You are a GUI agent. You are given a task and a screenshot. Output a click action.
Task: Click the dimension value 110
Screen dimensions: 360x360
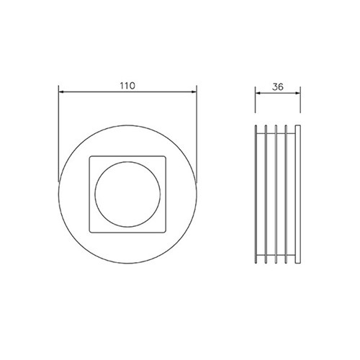(x=127, y=86)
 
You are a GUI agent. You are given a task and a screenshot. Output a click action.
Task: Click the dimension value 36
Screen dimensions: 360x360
(x=278, y=87)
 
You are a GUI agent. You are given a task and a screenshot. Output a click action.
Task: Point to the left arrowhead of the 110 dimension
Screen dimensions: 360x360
(x=61, y=91)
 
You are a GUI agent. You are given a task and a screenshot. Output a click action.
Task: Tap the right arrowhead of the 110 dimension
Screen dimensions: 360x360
(x=194, y=91)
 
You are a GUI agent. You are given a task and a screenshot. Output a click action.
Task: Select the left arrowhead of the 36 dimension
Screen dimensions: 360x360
(x=258, y=93)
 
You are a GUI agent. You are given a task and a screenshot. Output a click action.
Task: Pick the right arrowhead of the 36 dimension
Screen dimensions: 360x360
(x=297, y=93)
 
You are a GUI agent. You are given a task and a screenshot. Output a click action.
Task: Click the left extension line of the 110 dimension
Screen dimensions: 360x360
(x=58, y=134)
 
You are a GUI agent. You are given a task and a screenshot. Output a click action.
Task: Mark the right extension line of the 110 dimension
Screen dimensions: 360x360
(x=197, y=134)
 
